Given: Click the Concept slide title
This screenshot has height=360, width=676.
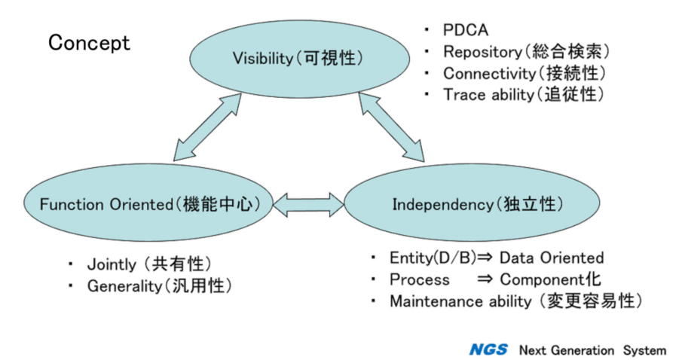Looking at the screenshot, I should point(89,44).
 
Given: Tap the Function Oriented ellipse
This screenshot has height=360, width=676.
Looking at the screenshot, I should point(144,203).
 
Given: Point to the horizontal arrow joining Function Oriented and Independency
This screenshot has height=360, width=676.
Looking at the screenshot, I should point(307,203).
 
